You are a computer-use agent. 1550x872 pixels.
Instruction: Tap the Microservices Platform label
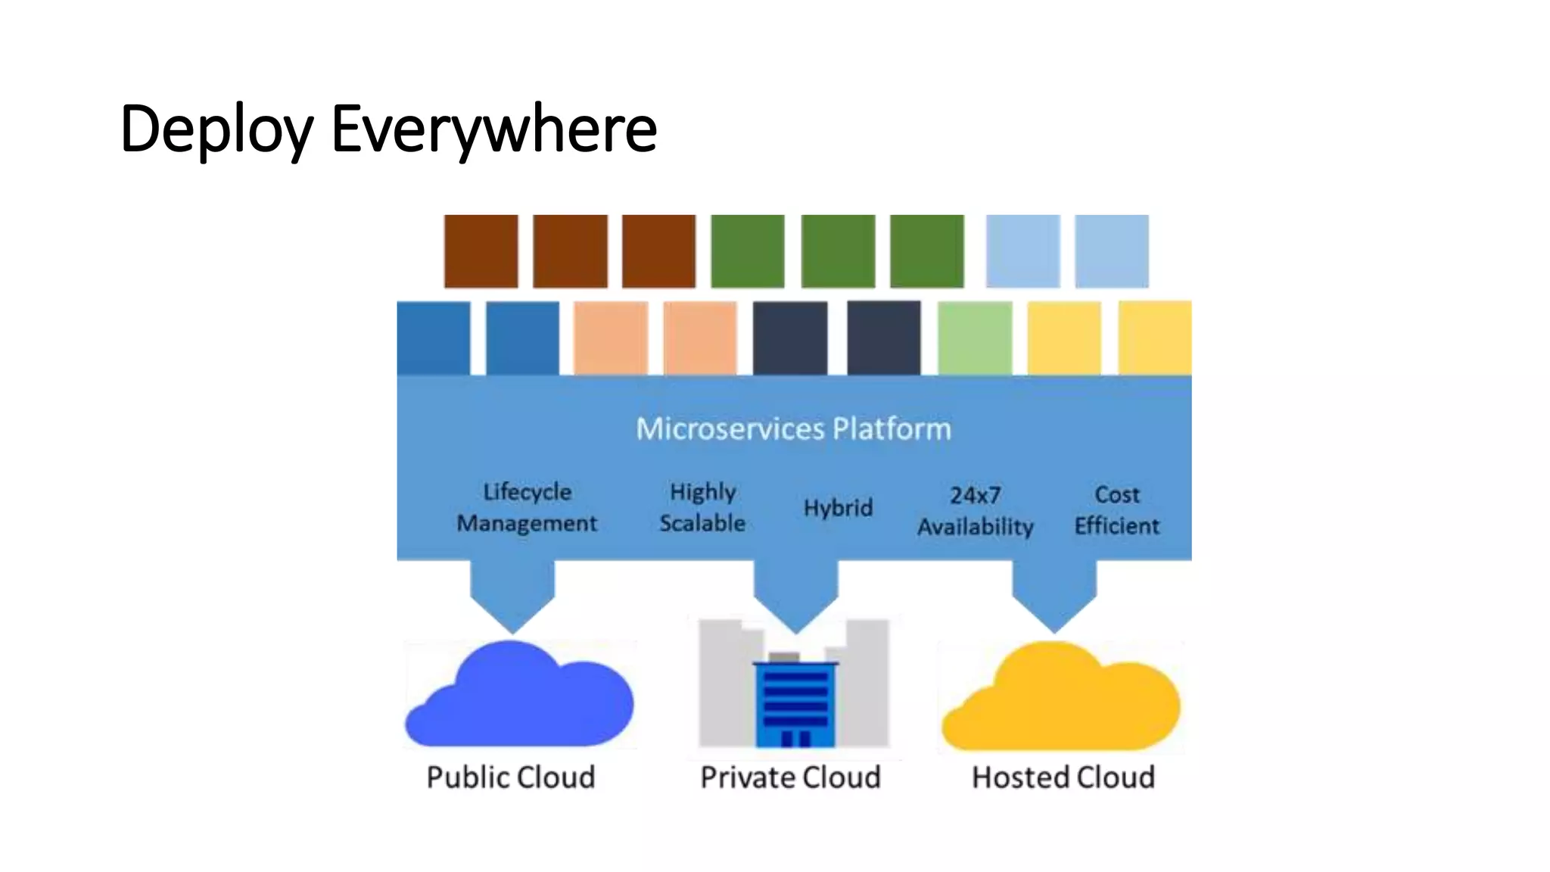(x=793, y=429)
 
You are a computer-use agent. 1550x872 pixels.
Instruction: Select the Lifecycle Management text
(x=527, y=507)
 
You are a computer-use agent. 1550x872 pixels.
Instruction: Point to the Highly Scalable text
(x=702, y=507)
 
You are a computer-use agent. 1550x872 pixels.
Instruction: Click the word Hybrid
(x=838, y=507)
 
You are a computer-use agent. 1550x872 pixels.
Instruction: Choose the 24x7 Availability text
(x=975, y=511)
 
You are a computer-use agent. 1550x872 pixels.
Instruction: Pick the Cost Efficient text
(x=1116, y=510)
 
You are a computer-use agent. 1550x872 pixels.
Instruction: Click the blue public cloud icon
(x=519, y=696)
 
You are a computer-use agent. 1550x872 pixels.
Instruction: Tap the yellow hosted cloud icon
(x=1060, y=698)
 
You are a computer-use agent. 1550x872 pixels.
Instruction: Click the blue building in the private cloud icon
(x=795, y=704)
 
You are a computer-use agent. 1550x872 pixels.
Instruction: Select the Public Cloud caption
(x=511, y=777)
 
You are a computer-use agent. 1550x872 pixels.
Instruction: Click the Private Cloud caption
(x=790, y=777)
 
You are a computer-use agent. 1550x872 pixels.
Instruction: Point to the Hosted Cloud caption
(x=1063, y=777)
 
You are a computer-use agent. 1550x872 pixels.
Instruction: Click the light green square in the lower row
(x=974, y=338)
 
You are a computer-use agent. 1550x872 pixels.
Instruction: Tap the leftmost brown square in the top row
(x=481, y=251)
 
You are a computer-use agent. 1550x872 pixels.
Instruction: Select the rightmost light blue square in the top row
(x=1111, y=251)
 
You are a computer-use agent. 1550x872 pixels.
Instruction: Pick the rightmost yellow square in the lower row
(x=1154, y=338)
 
